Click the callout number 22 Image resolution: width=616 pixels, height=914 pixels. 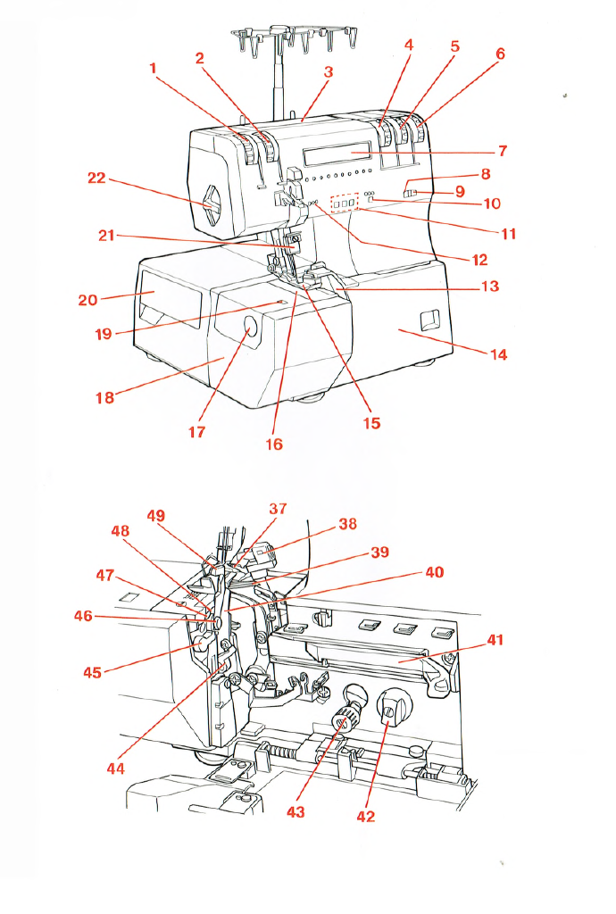tap(96, 179)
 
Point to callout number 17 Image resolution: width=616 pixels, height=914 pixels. tap(196, 431)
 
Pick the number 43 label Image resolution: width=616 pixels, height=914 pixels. tap(295, 812)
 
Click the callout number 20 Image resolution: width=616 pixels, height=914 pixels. tap(87, 300)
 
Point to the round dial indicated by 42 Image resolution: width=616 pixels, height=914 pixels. tap(389, 710)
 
